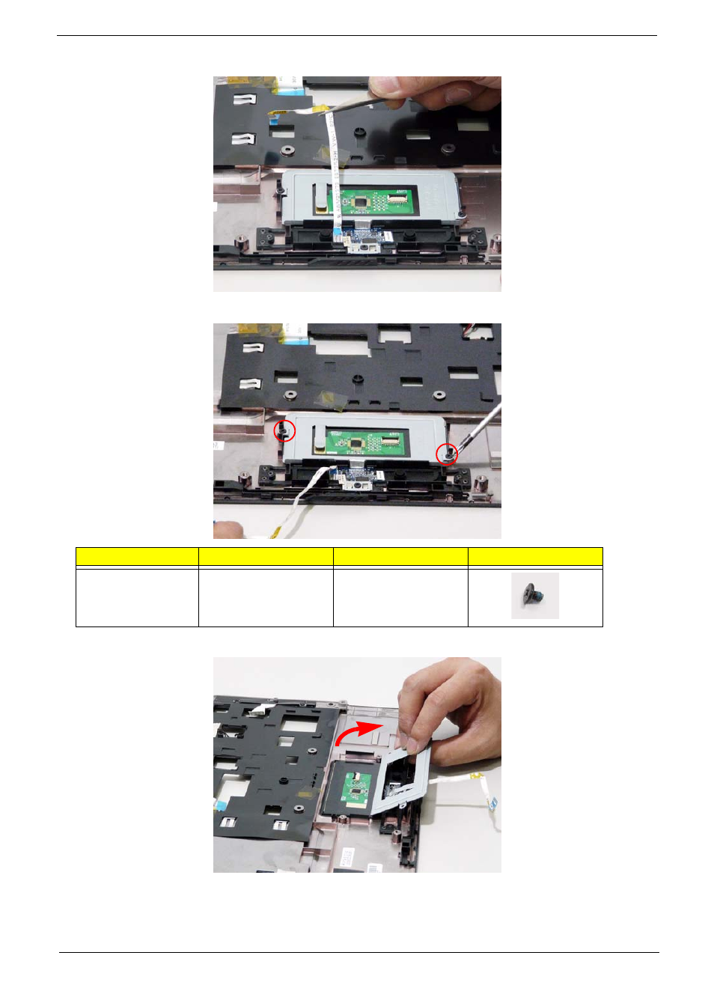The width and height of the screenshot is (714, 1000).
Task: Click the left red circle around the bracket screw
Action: [x=284, y=431]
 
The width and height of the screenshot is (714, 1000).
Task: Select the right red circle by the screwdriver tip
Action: [x=447, y=454]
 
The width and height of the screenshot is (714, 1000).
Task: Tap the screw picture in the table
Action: [x=534, y=596]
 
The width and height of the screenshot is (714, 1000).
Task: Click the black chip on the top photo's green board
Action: [x=362, y=201]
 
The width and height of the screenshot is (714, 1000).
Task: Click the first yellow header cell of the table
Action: [x=137, y=556]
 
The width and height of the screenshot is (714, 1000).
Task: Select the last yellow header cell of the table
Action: [x=534, y=556]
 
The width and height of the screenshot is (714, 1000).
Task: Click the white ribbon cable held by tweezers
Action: [x=335, y=172]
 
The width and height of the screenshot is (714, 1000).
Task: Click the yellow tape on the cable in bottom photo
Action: [x=475, y=778]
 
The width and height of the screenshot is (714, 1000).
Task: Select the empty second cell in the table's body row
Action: [x=265, y=597]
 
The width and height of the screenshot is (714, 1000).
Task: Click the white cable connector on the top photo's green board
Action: [x=397, y=199]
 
